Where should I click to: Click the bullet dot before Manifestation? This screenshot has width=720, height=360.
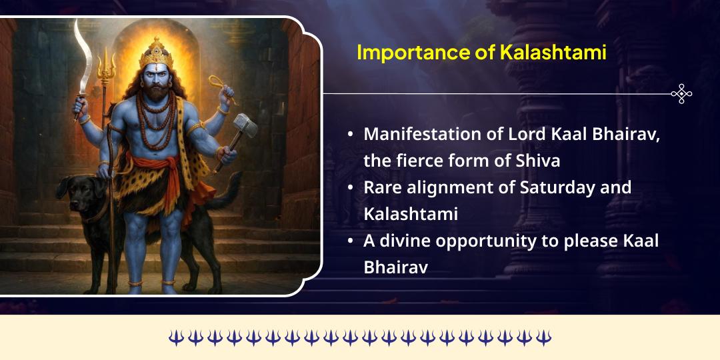351,135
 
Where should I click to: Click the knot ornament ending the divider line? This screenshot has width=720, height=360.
681,94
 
